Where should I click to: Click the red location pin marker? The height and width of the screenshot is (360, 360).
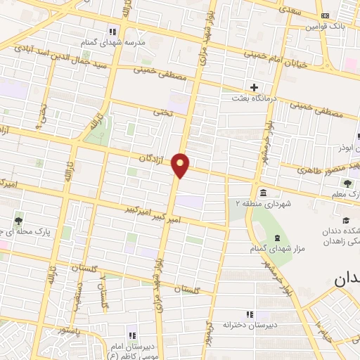181,165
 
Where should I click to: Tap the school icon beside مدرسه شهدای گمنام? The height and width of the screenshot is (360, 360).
112,31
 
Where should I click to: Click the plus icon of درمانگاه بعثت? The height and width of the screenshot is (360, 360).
254,86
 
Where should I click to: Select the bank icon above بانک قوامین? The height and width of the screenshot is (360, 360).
324,15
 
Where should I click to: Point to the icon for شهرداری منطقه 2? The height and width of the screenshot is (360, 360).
262,193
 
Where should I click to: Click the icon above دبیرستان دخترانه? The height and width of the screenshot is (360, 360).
247,314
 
